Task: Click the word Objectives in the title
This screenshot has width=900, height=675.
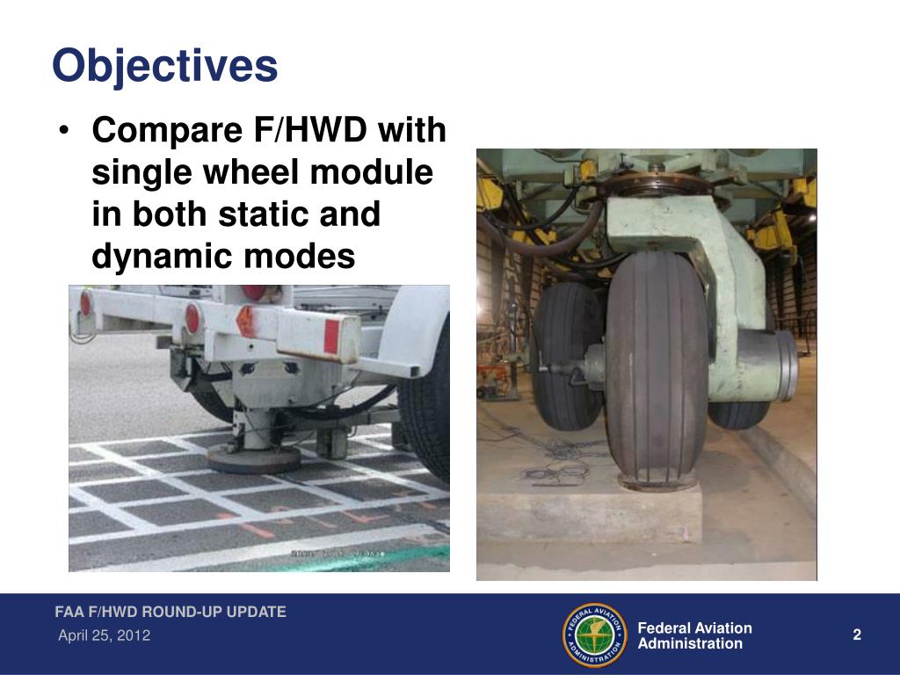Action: [164, 66]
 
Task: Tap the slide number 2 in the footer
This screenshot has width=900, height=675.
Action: [857, 635]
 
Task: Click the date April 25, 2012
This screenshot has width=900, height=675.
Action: [104, 635]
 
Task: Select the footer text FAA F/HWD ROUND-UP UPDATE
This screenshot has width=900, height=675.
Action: [171, 612]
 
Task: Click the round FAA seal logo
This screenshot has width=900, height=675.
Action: [595, 635]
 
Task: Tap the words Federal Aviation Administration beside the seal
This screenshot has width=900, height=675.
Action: [694, 635]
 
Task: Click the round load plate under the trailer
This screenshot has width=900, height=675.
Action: [254, 456]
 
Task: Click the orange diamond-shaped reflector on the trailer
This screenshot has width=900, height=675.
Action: [247, 321]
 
